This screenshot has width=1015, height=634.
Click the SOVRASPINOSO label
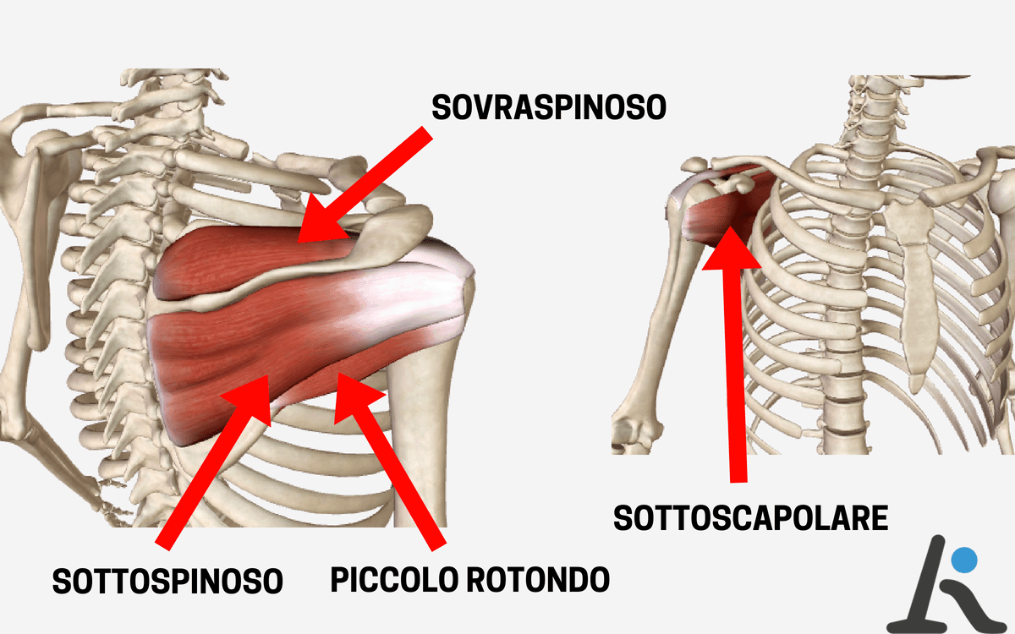pyautogui.click(x=549, y=107)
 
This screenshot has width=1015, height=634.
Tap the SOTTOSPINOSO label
pyautogui.click(x=167, y=581)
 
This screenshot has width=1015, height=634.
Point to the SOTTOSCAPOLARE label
pyautogui.click(x=751, y=518)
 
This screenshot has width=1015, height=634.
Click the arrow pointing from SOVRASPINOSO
pyautogui.click(x=363, y=187)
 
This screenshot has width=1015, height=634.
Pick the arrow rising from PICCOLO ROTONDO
pyautogui.click(x=390, y=461)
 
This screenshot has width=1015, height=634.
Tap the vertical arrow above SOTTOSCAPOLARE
pyautogui.click(x=733, y=354)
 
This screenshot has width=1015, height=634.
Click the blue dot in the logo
pyautogui.click(x=964, y=560)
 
